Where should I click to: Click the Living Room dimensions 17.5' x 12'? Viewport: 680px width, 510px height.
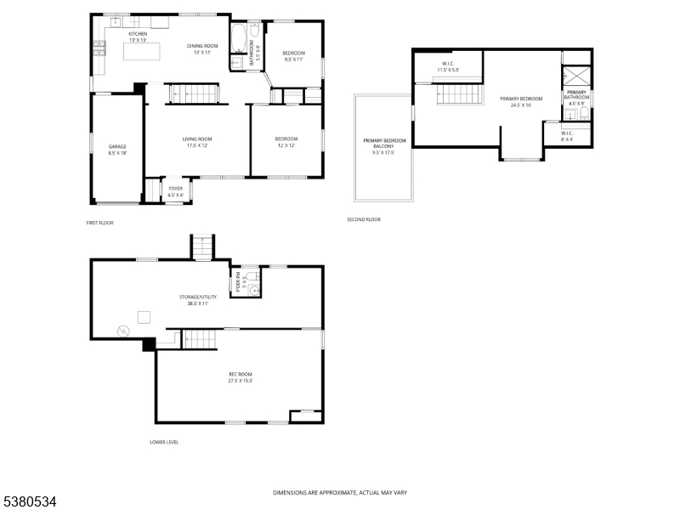coord(197,145)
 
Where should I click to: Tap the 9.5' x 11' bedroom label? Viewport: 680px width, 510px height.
coord(293,60)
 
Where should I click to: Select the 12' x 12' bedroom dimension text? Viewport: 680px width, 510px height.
coord(286,145)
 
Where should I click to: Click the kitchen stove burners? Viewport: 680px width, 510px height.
coord(99,48)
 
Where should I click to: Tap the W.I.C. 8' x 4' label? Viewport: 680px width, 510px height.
coord(567,136)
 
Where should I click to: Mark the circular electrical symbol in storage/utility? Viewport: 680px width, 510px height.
coord(122,330)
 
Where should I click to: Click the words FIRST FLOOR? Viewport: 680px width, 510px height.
coord(99,223)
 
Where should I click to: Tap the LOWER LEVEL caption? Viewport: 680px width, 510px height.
coord(164,442)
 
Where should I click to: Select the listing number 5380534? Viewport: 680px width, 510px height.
coord(30,502)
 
